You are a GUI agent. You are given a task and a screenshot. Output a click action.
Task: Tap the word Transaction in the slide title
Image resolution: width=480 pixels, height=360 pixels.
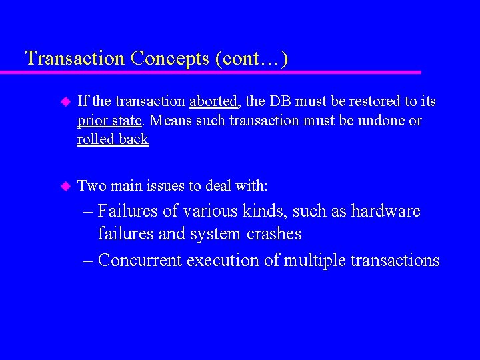pos(75,59)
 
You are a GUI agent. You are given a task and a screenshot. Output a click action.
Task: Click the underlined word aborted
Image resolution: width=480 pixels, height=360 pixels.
pos(213,102)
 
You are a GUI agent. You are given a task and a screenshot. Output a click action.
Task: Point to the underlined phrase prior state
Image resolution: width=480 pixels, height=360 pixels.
pos(109,121)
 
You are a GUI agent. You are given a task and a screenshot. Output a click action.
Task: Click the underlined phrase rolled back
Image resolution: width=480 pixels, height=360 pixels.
pos(113,140)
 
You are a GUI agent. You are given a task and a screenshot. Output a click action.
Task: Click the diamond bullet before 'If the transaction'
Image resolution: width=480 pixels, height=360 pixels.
pos(65,102)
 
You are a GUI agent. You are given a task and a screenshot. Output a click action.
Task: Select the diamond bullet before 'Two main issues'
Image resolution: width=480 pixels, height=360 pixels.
pos(65,186)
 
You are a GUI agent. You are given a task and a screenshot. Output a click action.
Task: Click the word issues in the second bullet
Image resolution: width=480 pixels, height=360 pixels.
pos(168,186)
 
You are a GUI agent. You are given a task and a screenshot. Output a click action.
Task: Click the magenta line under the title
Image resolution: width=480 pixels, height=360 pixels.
pos(220,72)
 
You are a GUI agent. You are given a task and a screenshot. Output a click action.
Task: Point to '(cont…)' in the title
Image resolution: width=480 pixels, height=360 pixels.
pos(252,59)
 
